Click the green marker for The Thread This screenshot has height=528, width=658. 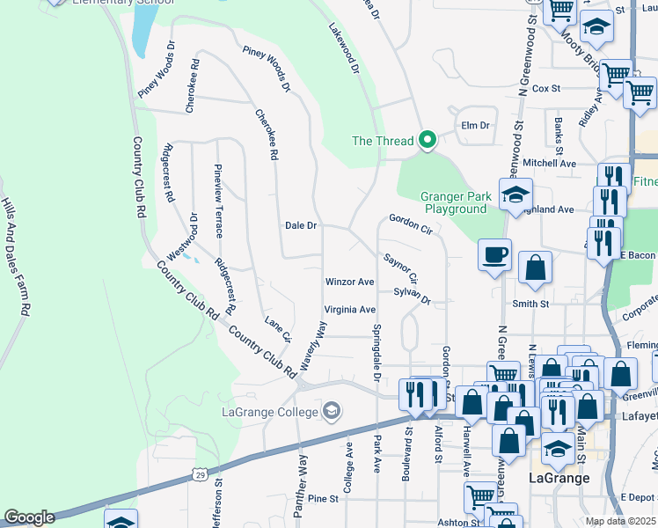[428, 140]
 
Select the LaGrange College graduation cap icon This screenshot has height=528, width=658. [332, 411]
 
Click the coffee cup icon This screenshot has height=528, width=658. [494, 255]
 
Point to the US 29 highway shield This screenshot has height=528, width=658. [201, 474]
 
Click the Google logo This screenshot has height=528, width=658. [29, 517]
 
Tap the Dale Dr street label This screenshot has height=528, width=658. [300, 225]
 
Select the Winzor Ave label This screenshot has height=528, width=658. [349, 282]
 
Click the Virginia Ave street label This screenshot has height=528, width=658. [349, 310]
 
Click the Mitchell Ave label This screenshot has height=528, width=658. [549, 163]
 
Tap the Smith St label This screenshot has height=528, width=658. [530, 304]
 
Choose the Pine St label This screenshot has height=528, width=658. [323, 499]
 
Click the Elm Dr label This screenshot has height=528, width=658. [474, 126]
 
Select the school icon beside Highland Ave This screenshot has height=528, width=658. [515, 196]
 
